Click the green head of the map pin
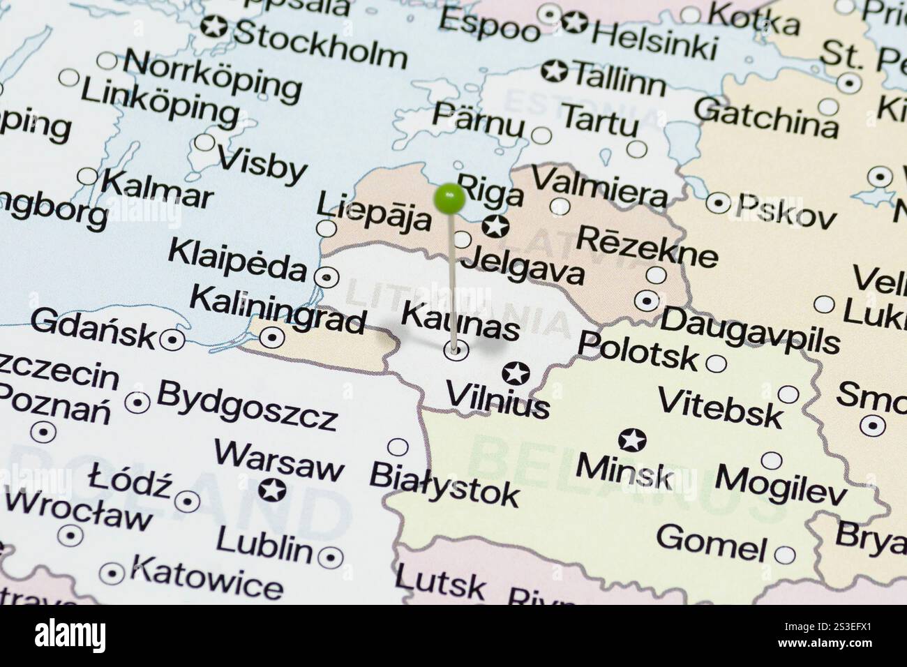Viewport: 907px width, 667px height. click(x=449, y=199)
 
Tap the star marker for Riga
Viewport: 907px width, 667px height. click(x=495, y=225)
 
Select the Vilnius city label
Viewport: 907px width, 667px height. click(x=497, y=400)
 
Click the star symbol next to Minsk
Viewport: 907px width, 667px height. click(x=632, y=440)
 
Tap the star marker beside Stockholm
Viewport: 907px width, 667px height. click(x=211, y=27)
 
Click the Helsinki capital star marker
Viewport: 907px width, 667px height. click(x=574, y=22)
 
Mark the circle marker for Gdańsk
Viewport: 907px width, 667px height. click(x=170, y=340)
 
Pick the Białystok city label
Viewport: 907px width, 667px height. click(x=444, y=484)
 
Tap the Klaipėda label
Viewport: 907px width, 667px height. click(x=237, y=259)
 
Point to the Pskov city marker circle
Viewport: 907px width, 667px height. click(x=718, y=203)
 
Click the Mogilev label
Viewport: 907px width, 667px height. click(x=781, y=486)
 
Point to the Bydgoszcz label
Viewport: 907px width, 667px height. click(x=247, y=405)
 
